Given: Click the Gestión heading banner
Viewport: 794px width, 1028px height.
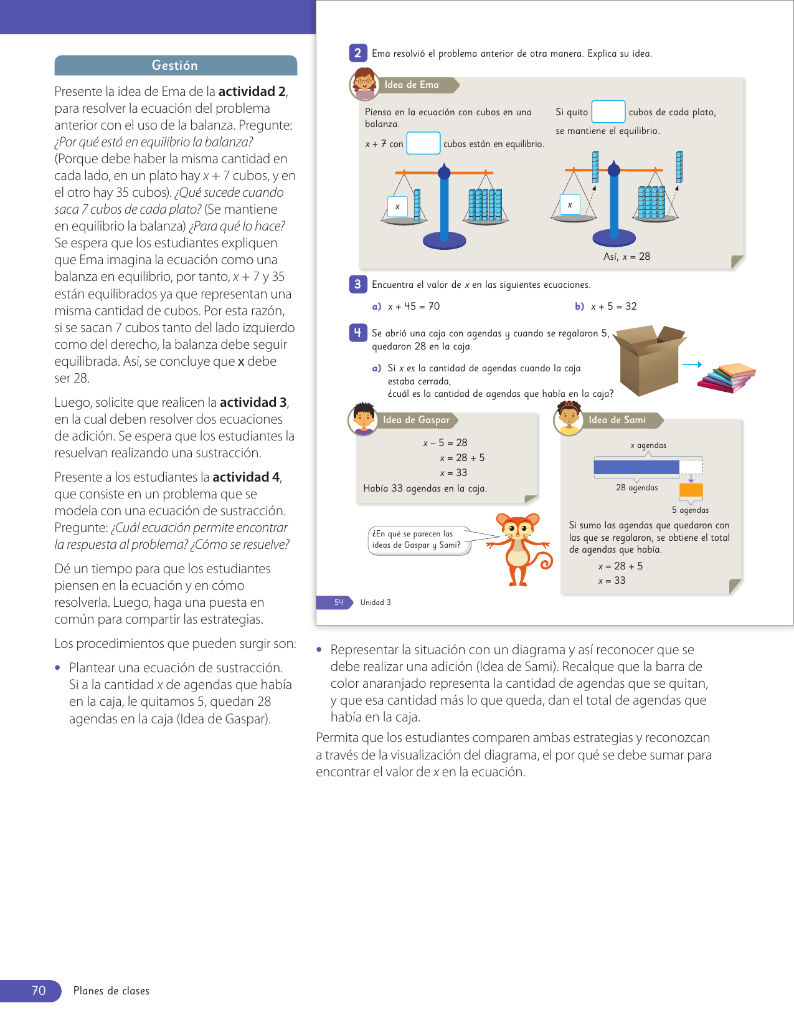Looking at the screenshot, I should pos(176,65).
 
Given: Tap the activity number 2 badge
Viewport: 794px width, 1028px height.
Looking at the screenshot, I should pos(357,54).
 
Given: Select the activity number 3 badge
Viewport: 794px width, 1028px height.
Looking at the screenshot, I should pos(357,285).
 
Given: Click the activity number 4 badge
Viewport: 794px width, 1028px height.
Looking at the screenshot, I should pos(357,333).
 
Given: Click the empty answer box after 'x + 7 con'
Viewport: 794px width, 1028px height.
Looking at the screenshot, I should pos(423,143).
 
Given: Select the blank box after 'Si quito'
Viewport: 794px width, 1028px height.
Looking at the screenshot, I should pos(608,112).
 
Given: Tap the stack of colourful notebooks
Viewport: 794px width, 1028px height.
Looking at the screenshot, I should pos(727,378).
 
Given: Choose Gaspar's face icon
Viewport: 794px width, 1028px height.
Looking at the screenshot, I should pos(363,419).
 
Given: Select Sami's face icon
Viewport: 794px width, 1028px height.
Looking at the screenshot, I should pos(569,419).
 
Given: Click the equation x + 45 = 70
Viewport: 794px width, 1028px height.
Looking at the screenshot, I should pos(414,307).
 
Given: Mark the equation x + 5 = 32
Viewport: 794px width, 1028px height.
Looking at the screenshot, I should pos(613,307).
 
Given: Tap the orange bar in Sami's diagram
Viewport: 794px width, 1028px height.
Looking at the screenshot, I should pos(691,490).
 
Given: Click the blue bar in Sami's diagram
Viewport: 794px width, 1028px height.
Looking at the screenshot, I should pos(636,467).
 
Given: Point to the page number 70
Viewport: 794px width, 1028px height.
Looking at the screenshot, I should pos(39,991).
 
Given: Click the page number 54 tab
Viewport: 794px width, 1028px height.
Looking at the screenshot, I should pos(338,602).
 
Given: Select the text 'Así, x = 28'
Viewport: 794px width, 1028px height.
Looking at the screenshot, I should pos(626,257).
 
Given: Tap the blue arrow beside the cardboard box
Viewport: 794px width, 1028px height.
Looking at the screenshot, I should pos(692,364).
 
